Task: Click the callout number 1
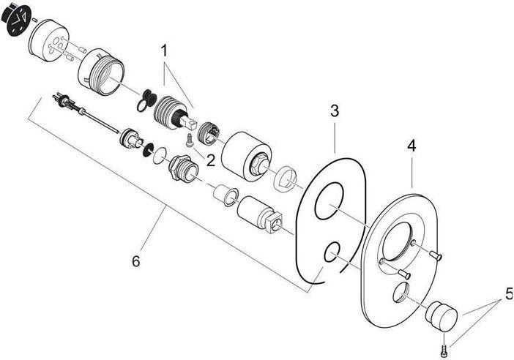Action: [x=165, y=50]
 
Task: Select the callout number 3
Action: [x=334, y=111]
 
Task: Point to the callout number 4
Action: [x=411, y=146]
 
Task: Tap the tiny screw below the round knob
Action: [x=445, y=340]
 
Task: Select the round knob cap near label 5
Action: [x=442, y=315]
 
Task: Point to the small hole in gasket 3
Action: [x=331, y=252]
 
